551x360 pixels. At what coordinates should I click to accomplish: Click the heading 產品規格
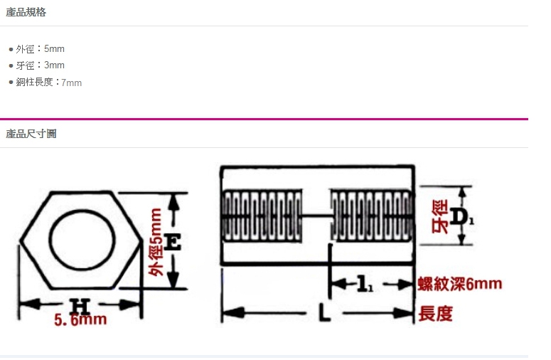coord(26,12)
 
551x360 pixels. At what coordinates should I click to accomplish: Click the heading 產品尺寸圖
coord(31,134)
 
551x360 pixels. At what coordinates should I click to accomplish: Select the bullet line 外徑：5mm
coord(40,49)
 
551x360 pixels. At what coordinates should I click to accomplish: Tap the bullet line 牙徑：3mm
coord(40,65)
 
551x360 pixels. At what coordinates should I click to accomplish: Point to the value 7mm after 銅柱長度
coord(71,83)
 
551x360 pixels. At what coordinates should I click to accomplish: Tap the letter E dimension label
coord(172,243)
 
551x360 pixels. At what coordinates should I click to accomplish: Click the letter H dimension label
coord(80,306)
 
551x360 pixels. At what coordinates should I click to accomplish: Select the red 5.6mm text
coord(80,320)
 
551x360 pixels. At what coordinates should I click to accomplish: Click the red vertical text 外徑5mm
coord(156,242)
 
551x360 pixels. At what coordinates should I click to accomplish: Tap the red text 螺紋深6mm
coord(459,285)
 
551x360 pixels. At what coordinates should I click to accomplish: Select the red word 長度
coord(436,313)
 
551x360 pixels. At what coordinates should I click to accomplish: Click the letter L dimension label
coord(323,313)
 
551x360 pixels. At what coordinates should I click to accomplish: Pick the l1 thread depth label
coord(364,285)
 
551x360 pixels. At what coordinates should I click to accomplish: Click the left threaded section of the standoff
coord(262,215)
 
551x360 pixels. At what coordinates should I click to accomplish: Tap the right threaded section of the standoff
coord(371,215)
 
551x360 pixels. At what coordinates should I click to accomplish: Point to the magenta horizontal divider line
coord(264,119)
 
